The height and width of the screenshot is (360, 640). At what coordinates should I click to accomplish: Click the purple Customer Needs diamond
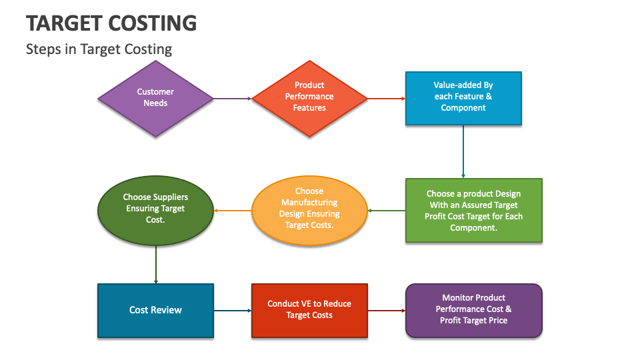click(x=155, y=98)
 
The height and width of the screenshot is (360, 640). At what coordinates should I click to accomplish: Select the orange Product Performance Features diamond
click(x=309, y=98)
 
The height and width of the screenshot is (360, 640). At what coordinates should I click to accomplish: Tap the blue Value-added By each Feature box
click(x=463, y=98)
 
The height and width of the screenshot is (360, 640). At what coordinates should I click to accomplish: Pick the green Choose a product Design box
click(x=473, y=210)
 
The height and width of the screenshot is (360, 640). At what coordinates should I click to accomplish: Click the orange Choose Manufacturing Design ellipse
click(x=309, y=210)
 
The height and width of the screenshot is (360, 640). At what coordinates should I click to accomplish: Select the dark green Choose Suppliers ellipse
click(x=155, y=210)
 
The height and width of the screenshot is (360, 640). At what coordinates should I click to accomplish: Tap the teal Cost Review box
click(x=155, y=310)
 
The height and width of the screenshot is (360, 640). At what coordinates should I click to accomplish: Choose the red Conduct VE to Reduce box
click(x=309, y=310)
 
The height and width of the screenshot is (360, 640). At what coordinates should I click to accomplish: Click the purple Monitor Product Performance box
click(x=473, y=310)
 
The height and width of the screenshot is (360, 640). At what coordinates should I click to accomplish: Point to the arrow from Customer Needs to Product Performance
click(x=232, y=99)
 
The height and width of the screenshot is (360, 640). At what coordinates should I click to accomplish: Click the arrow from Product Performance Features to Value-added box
click(x=387, y=99)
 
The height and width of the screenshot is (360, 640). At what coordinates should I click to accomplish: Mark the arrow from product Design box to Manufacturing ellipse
click(x=387, y=211)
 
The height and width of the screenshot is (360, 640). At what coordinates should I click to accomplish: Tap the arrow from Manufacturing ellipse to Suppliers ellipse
click(x=232, y=211)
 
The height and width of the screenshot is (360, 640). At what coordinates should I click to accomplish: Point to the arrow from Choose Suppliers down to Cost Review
click(x=156, y=265)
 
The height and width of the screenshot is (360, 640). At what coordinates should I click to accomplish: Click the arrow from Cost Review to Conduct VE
click(x=232, y=311)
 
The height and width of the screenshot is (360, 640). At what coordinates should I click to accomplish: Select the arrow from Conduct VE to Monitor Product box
click(x=387, y=311)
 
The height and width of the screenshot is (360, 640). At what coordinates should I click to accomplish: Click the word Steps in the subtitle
click(x=43, y=49)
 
